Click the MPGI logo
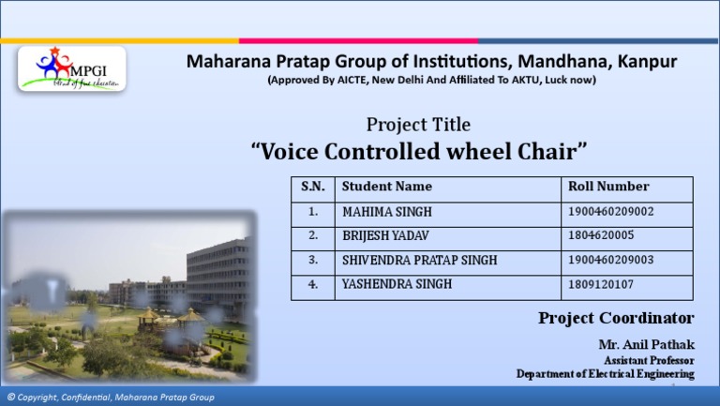point(71,68)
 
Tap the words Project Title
point(418,125)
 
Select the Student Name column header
point(387,187)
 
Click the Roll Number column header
point(608,187)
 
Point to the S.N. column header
point(313,187)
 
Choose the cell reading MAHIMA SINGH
point(387,212)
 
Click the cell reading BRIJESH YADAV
point(384,235)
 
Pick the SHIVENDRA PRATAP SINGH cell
point(419,260)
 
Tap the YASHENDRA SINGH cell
point(397,284)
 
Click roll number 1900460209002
point(611,212)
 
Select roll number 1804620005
point(601,235)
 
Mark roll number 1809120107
point(601,284)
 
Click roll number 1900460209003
point(611,260)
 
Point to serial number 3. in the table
point(313,260)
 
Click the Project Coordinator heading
point(616,318)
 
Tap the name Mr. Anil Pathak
point(646,344)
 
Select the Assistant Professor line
point(649,360)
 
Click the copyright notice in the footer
point(111,398)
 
